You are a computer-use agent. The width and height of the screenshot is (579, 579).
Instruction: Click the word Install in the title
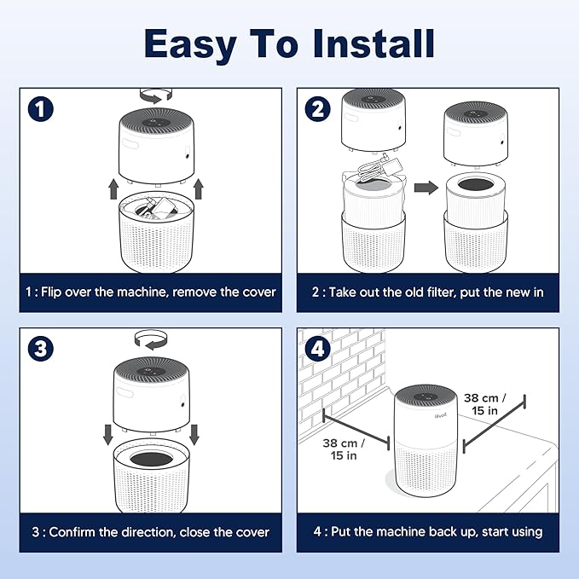pyautogui.click(x=373, y=43)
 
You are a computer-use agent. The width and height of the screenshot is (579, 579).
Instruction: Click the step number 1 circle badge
pyautogui.click(x=41, y=109)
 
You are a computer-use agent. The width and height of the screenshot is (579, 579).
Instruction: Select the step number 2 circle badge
pyautogui.click(x=317, y=109)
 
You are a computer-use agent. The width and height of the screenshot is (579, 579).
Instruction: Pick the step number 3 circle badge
pyautogui.click(x=41, y=349)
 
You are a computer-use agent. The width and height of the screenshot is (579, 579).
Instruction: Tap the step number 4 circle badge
pyautogui.click(x=317, y=349)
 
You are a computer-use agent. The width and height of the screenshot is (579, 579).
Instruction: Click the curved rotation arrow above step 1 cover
pyautogui.click(x=156, y=96)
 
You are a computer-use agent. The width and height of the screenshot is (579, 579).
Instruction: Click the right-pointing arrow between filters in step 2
pyautogui.click(x=426, y=188)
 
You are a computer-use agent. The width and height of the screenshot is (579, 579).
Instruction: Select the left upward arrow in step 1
pyautogui.click(x=113, y=189)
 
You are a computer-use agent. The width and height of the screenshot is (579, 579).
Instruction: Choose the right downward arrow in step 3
pyautogui.click(x=194, y=435)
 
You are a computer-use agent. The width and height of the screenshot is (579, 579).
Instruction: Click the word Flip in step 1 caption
pyautogui.click(x=51, y=292)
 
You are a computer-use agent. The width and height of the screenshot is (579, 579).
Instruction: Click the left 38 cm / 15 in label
pyautogui.click(x=344, y=449)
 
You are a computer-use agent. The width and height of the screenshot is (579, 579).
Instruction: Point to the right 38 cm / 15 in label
pyautogui.click(x=485, y=404)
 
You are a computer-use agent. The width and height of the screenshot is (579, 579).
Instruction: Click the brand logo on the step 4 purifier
pyautogui.click(x=441, y=416)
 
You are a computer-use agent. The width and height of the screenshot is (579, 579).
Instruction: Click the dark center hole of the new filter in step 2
pyautogui.click(x=476, y=184)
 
